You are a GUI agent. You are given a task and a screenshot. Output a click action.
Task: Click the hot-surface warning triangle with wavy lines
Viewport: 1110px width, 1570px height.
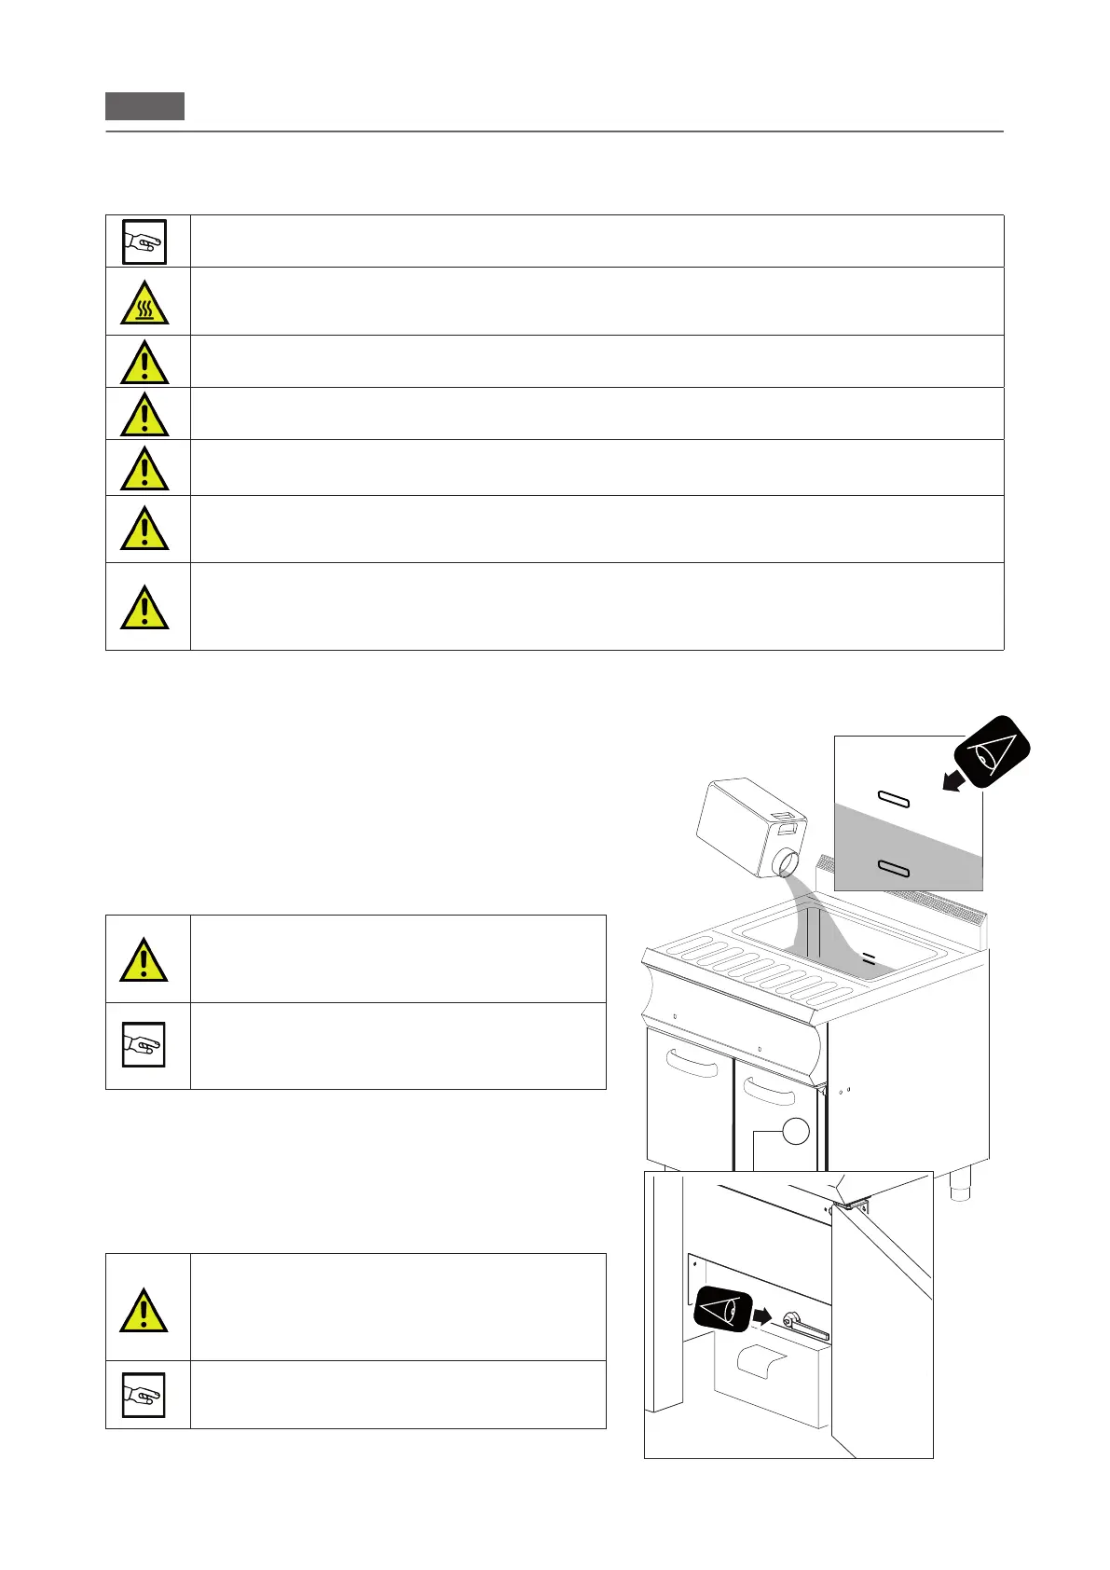(x=144, y=302)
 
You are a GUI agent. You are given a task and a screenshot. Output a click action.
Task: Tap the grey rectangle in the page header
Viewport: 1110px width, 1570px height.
(x=144, y=106)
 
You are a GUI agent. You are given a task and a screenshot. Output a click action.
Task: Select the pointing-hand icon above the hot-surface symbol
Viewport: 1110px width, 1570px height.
(x=144, y=241)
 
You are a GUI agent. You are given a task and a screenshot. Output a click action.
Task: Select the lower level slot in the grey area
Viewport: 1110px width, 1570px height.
(x=894, y=869)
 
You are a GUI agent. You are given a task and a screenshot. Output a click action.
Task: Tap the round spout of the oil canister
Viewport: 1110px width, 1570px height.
(x=786, y=861)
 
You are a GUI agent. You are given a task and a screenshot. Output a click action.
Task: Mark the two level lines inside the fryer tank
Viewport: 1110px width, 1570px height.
(x=869, y=957)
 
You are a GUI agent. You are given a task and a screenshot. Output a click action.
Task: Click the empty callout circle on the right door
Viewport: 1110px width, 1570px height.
(x=795, y=1131)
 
